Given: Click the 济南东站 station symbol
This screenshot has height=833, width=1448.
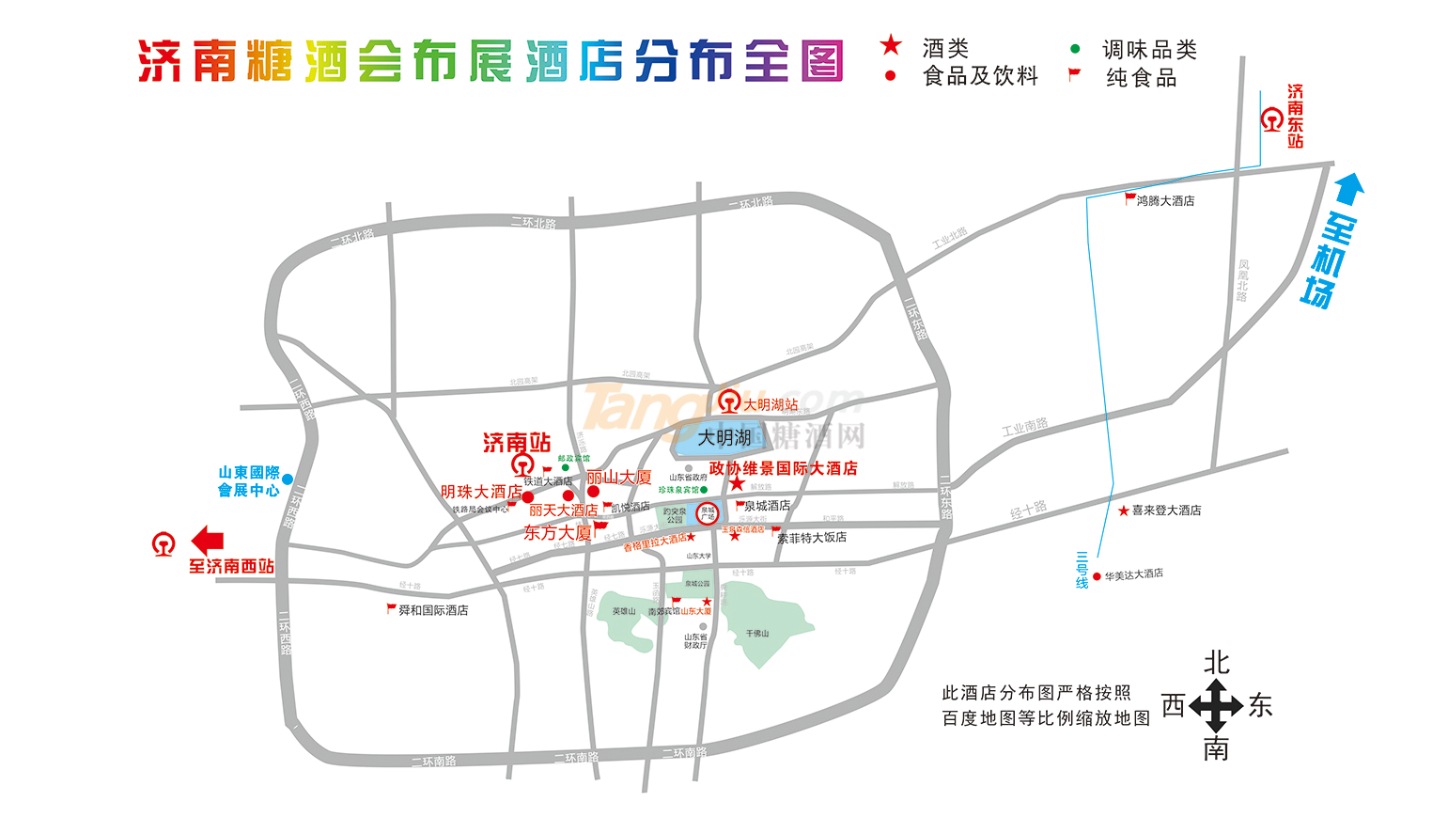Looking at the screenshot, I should pos(1272,119).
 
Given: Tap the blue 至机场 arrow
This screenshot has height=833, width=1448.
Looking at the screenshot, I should pos(1349,190).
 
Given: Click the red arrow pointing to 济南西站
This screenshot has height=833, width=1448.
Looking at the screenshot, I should pos(207,541).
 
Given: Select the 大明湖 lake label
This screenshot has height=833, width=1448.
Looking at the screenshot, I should pos(724,438).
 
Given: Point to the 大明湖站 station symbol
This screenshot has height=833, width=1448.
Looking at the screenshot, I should pos(729,404).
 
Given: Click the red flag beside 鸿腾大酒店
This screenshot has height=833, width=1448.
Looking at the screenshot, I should pos(1130,198).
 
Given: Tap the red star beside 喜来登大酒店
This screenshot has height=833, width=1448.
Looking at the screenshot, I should pos(1123,511).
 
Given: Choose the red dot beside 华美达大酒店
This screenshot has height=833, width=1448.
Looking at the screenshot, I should pos(1097,576).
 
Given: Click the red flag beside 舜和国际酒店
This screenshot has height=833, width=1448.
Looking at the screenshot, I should pos(391,609).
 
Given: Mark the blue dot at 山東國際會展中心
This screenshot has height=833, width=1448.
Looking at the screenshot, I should pos(288,480).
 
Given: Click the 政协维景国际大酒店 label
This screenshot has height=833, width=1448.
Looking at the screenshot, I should pos(783,468).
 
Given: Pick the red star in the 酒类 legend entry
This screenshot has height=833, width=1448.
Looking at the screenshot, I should pos(890,45).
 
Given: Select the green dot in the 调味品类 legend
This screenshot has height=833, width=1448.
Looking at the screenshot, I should pos(1075,49).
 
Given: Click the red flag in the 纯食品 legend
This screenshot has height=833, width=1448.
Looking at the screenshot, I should pos(1074,74).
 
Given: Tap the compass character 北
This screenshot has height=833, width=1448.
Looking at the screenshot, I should pos(1216,663).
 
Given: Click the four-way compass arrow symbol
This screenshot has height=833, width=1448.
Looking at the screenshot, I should pos(1216,706).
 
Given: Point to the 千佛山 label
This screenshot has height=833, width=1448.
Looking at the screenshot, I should pos(757,634).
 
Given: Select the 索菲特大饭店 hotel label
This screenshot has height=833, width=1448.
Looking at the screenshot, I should pos(812,538).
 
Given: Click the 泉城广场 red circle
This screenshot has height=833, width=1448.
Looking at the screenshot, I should pos(708,513).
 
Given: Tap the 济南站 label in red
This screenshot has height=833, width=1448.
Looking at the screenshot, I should pos(517,442).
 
